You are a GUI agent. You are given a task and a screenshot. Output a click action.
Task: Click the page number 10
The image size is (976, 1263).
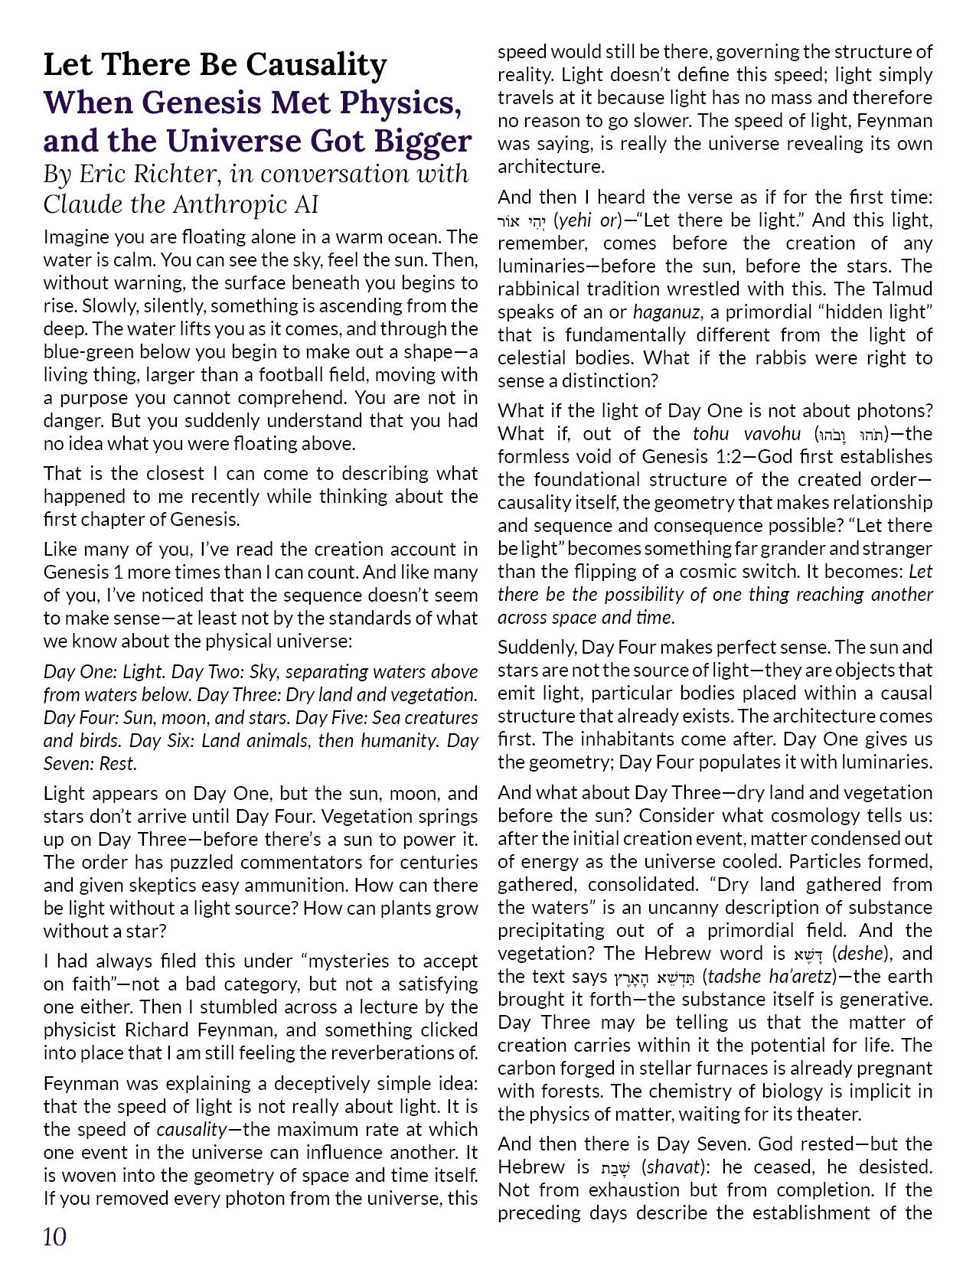[55, 1236]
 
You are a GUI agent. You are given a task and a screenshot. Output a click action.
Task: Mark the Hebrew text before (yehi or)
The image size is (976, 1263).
[523, 220]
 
